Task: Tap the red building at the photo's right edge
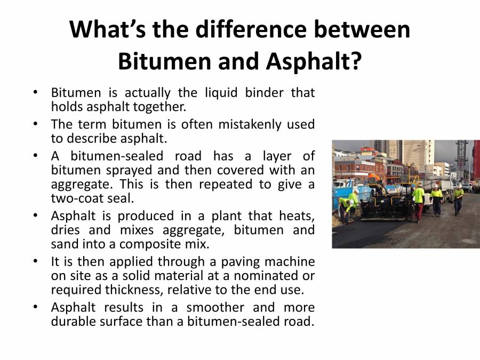pos(476,160)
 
